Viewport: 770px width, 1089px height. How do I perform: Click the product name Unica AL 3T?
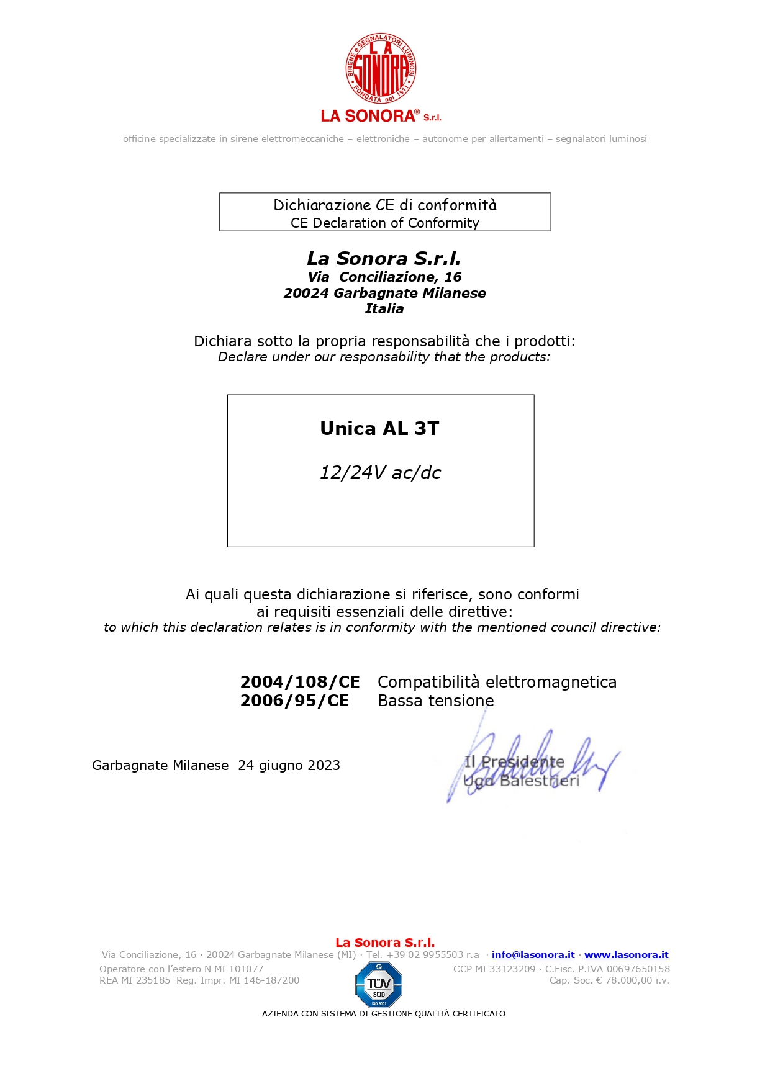click(379, 429)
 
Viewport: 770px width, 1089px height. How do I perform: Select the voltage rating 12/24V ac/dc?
click(380, 473)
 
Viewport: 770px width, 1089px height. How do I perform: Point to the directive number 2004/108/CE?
click(300, 682)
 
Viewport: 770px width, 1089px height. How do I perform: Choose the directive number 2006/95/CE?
click(294, 701)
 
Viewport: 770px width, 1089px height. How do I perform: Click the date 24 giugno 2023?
click(289, 766)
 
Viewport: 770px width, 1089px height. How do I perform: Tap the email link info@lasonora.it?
click(533, 955)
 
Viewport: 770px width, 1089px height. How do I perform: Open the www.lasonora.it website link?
click(626, 955)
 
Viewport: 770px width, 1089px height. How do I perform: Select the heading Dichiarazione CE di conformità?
click(385, 205)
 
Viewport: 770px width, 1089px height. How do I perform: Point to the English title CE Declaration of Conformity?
click(385, 223)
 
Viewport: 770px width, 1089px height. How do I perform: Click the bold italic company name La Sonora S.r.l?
click(384, 258)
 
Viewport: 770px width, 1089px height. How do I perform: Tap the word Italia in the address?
click(384, 309)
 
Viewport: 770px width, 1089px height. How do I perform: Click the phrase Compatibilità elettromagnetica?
click(497, 682)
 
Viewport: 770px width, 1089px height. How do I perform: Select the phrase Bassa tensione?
click(436, 701)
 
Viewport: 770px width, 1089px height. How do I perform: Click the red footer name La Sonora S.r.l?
click(385, 943)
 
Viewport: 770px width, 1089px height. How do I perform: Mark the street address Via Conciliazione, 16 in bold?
click(384, 277)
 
